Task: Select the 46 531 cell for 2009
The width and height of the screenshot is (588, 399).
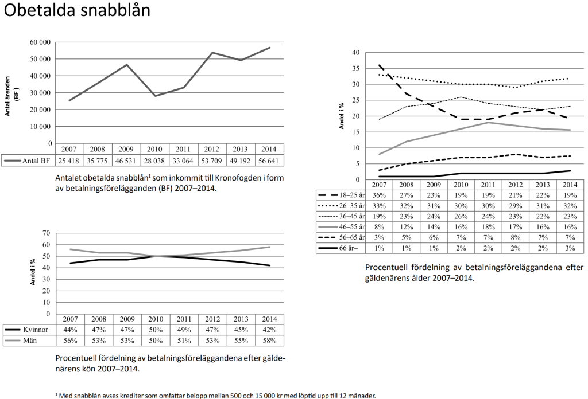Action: tap(126, 160)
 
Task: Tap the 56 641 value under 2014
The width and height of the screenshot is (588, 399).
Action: tap(269, 160)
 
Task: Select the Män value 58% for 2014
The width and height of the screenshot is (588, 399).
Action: tap(269, 340)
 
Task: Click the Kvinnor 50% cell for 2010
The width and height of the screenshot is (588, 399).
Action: tap(155, 330)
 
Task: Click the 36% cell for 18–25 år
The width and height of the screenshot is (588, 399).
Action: tap(379, 195)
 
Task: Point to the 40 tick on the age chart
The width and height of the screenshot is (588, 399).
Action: tap(355, 53)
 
